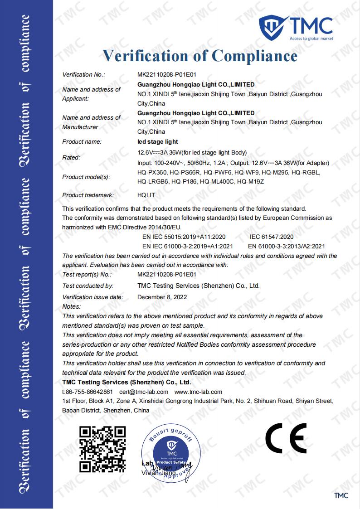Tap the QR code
(x=102, y=447)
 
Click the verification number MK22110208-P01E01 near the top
(x=166, y=74)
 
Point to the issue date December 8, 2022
(x=162, y=297)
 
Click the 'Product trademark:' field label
(x=88, y=195)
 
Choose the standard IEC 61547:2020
(x=272, y=237)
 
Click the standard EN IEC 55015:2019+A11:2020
(x=184, y=237)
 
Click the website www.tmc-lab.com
(x=198, y=392)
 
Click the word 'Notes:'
(x=71, y=307)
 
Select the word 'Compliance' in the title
(x=255, y=56)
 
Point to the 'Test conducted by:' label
(x=88, y=286)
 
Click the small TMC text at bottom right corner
(x=341, y=496)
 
